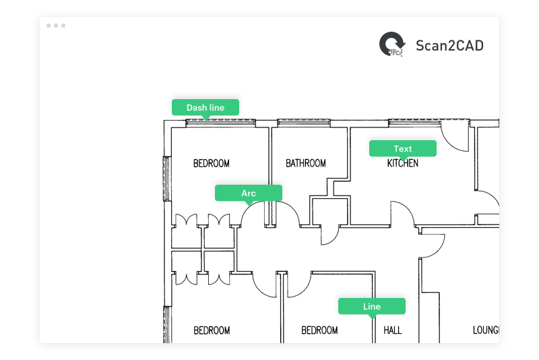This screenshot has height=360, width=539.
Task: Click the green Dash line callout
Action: (x=205, y=108)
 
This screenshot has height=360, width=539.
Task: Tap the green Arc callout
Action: (x=248, y=193)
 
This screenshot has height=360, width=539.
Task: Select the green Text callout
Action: (x=402, y=149)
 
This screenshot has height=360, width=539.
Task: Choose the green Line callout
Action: (x=371, y=307)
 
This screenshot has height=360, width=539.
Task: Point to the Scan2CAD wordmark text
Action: (x=449, y=46)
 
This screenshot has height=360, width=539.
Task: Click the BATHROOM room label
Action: (x=305, y=163)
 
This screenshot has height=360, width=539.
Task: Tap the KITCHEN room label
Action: (x=402, y=163)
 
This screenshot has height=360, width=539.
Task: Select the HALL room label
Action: (x=392, y=330)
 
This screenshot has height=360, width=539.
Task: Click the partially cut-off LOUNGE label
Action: (x=484, y=330)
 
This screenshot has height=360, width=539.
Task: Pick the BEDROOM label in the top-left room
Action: (x=211, y=163)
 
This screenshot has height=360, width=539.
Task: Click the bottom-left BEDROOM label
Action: (x=212, y=330)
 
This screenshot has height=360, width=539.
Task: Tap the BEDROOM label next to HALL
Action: (x=319, y=330)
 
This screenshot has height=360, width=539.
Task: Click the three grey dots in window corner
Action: (x=56, y=26)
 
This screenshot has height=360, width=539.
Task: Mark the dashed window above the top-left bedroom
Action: (x=220, y=123)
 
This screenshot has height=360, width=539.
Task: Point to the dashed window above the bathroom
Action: (x=304, y=123)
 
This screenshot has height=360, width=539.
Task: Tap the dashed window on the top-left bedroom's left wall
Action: (x=166, y=178)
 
